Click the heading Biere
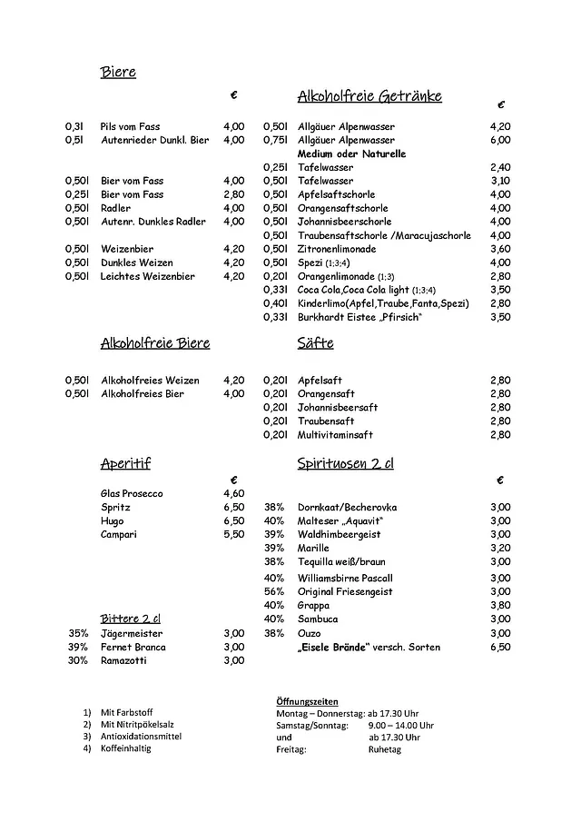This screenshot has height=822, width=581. (118, 73)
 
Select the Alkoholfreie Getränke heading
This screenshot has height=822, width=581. (369, 95)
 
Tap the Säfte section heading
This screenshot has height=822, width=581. (315, 343)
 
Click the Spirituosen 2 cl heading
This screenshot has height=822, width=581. (346, 464)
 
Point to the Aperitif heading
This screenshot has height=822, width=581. (125, 464)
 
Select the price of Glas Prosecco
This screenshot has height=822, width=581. (233, 493)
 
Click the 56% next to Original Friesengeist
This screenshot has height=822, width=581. (274, 591)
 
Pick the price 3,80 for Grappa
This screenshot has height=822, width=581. (500, 605)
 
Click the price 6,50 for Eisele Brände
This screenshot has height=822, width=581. (500, 647)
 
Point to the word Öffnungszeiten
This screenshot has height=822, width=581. (307, 702)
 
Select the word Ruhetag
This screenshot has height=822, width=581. (385, 749)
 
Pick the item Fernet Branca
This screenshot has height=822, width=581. (134, 647)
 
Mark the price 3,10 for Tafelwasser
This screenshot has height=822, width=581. (500, 181)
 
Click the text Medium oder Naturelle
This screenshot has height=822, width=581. (351, 154)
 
